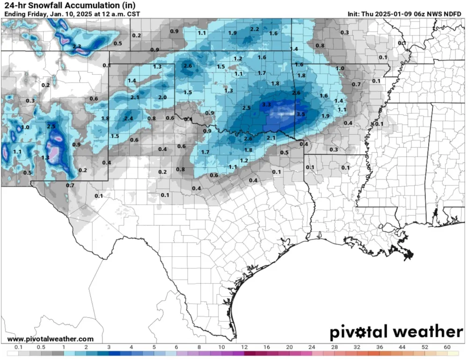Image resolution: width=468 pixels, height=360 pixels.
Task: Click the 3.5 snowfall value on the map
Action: click(x=301, y=114)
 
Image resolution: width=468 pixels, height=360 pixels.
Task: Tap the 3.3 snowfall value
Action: click(x=266, y=104)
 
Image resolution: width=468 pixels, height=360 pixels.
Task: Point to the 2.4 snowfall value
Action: click(x=129, y=118)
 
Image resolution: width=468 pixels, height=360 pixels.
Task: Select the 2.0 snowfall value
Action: click(x=162, y=97)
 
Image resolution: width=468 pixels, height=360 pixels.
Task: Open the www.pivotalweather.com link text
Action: click(x=51, y=339)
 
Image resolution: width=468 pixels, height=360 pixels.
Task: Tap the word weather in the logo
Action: click(x=427, y=332)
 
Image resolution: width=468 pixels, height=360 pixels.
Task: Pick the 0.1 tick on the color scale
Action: click(x=19, y=347)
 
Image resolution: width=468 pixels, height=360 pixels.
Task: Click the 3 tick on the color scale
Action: click(x=109, y=347)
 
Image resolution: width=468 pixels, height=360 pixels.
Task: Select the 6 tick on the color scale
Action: click(x=176, y=347)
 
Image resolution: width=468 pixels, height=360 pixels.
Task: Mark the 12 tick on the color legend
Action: click(x=244, y=347)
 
